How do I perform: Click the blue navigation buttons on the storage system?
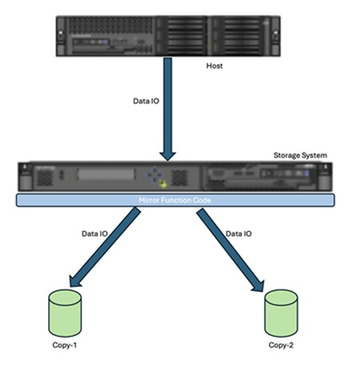pos(158,176)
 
